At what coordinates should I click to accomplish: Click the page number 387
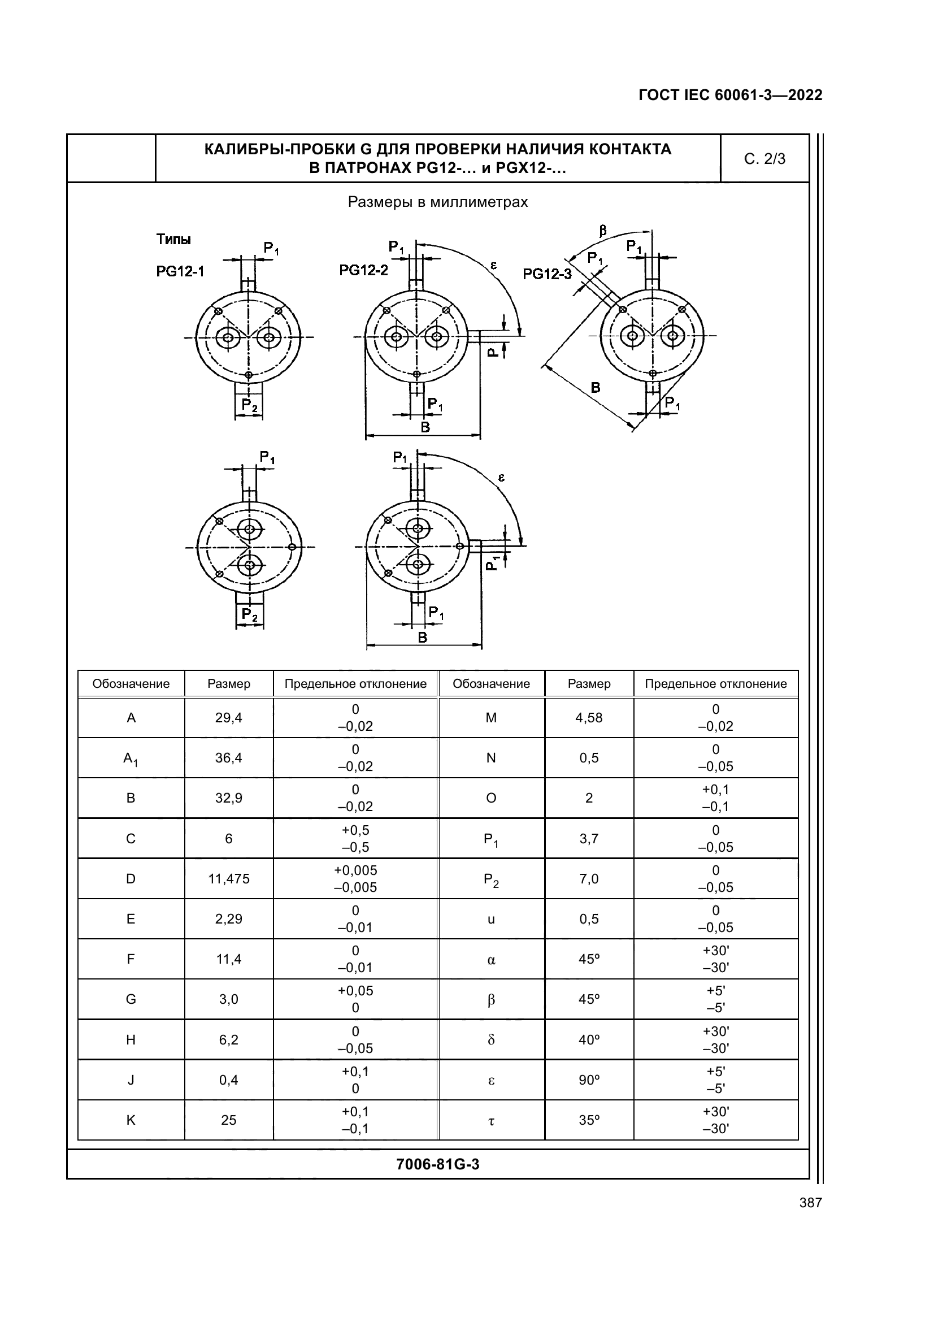pos(810,1202)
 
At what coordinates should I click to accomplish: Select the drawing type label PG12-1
pos(180,271)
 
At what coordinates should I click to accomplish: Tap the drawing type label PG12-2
pos(363,270)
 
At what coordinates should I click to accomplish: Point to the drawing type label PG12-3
pos(547,274)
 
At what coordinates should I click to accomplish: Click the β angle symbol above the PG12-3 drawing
pos(602,231)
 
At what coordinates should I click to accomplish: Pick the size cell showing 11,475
pos(228,879)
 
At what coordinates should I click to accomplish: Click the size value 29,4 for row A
pos(228,717)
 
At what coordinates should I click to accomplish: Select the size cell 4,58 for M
pos(589,717)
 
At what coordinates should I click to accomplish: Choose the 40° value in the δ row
pos(589,1040)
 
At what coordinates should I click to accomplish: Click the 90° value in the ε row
pos(589,1080)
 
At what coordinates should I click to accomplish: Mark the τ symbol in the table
pos(491,1121)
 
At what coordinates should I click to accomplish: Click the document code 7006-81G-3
pos(437,1164)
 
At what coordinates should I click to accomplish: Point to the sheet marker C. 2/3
pos(764,159)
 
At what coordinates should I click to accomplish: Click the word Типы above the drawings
pos(173,240)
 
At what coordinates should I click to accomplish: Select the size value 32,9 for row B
pos(228,798)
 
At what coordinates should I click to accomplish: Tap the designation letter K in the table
pos(131,1120)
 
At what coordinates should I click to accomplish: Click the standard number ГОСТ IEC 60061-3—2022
pos(730,95)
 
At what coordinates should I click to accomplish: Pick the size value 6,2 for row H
pos(228,1040)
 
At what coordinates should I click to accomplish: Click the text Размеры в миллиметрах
pos(437,202)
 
